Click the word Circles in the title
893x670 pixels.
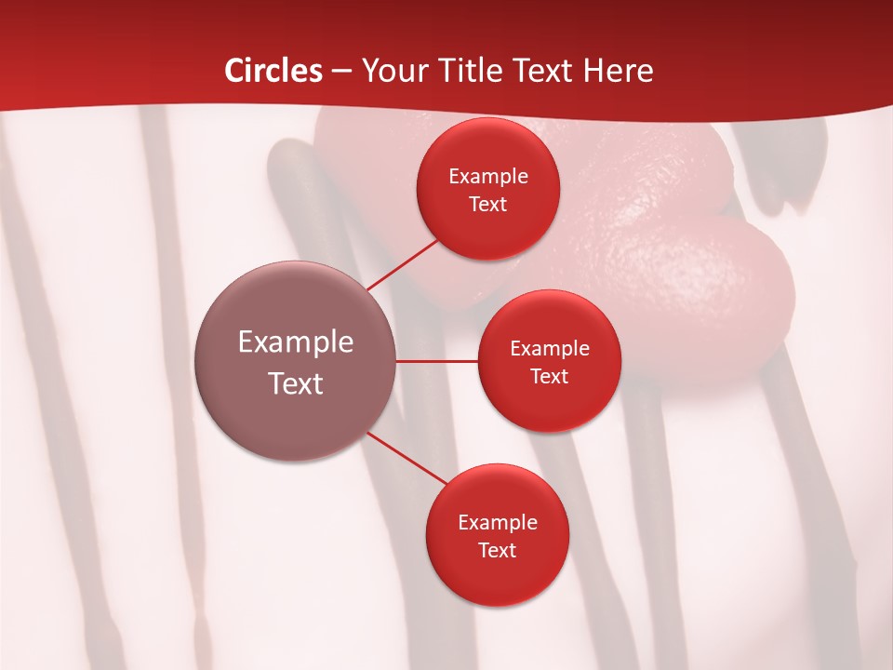(273, 71)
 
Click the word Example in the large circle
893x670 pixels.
(295, 342)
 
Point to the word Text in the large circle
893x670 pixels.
(295, 383)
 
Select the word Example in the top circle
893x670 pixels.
(488, 176)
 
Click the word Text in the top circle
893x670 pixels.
(488, 204)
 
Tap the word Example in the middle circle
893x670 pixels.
(549, 348)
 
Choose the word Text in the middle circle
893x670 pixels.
(549, 376)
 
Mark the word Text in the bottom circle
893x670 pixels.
(497, 550)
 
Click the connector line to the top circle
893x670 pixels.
(402, 264)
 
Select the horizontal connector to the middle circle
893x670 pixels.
(436, 361)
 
